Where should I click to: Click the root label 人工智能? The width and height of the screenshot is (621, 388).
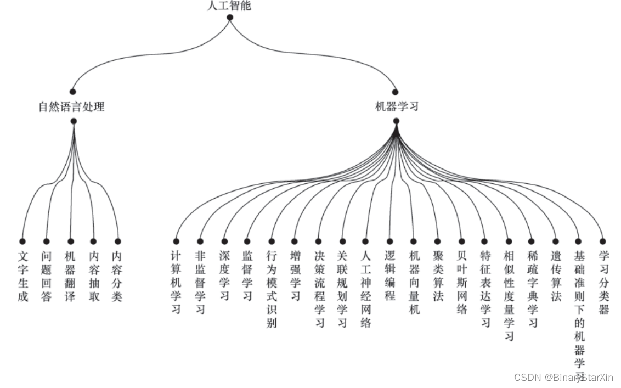pyautogui.click(x=230, y=6)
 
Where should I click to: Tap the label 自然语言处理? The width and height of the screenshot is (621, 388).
pyautogui.click(x=71, y=106)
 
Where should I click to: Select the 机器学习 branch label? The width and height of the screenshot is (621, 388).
pyautogui.click(x=396, y=106)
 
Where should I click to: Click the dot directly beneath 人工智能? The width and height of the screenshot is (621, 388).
pyautogui.click(x=230, y=18)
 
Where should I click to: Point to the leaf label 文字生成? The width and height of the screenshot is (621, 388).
pyautogui.click(x=22, y=277)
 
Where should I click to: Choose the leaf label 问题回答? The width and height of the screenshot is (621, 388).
pyautogui.click(x=47, y=277)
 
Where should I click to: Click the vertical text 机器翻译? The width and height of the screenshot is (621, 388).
pyautogui.click(x=70, y=277)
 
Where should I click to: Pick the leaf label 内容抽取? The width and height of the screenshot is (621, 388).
pyautogui.click(x=93, y=277)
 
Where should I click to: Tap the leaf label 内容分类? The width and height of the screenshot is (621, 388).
pyautogui.click(x=117, y=277)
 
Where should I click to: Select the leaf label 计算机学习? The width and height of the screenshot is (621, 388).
pyautogui.click(x=176, y=283)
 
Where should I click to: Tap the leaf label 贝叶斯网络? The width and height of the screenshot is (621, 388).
pyautogui.click(x=461, y=283)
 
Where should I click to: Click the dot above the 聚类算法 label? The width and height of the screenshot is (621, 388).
pyautogui.click(x=437, y=241)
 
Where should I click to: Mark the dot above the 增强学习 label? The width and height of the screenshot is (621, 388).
pyautogui.click(x=295, y=241)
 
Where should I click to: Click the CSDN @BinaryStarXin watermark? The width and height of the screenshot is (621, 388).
pyautogui.click(x=563, y=378)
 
